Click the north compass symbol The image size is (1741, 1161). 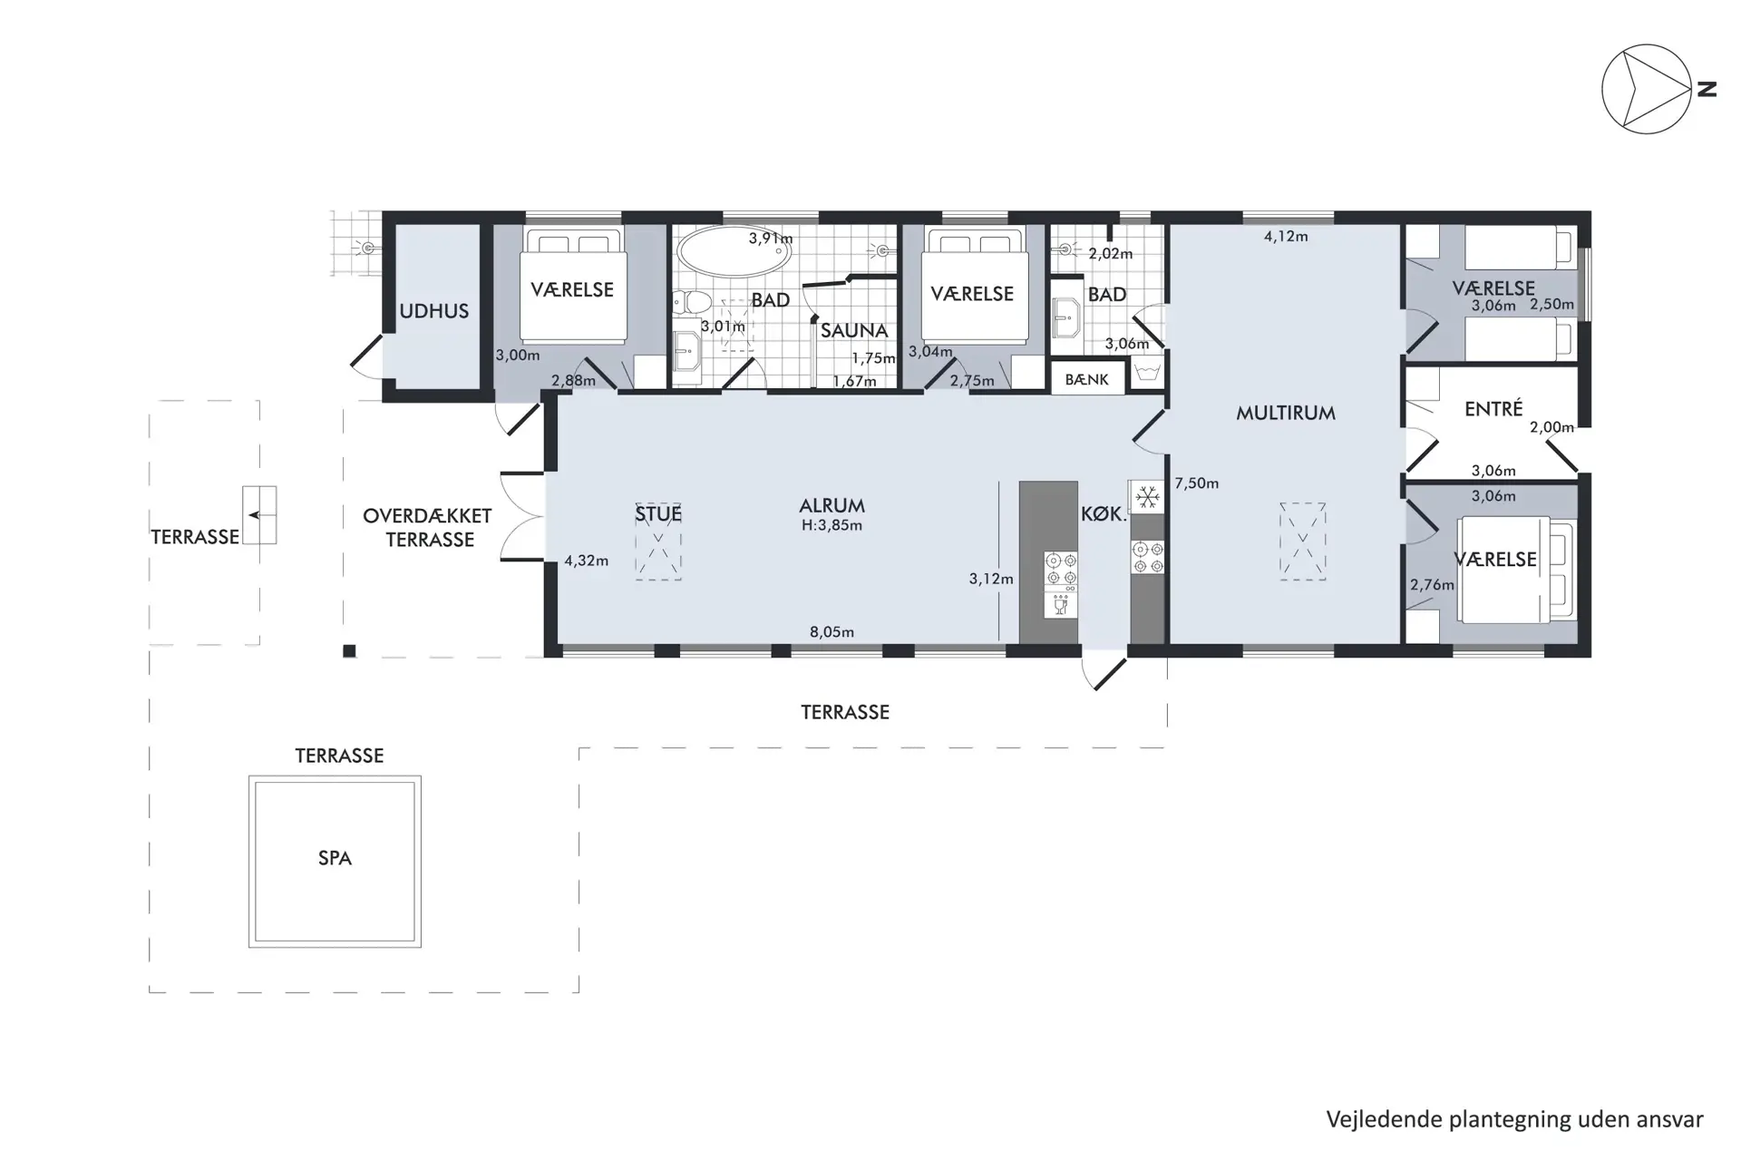tap(1647, 90)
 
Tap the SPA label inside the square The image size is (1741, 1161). tap(335, 858)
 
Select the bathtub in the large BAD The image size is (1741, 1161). tap(734, 250)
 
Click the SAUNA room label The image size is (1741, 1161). tap(854, 331)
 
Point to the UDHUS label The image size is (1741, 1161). tap(434, 311)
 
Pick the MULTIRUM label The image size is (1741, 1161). tap(1286, 414)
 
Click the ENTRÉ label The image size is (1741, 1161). tap(1493, 409)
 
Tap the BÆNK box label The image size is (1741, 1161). tap(1086, 380)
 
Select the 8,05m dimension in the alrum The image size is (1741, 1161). tap(832, 632)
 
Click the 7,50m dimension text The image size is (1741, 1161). tap(1196, 483)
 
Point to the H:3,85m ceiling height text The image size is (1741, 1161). tap(832, 525)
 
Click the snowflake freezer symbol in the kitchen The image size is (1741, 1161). tap(1148, 497)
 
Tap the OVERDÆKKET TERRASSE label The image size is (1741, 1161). tap(427, 528)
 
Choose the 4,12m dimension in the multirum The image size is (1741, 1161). tap(1286, 237)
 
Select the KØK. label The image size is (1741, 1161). tap(1104, 514)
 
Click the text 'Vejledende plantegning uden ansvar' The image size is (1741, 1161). tap(1514, 1119)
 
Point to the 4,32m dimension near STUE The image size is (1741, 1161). tap(586, 561)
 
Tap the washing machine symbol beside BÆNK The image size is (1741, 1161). tap(1148, 374)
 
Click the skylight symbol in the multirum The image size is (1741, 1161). tap(1302, 541)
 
